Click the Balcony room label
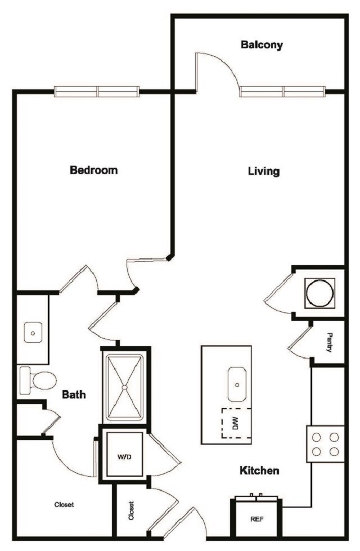pos(262,44)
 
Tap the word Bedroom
pos(93,170)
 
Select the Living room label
pos(264,171)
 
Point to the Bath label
pos(74,395)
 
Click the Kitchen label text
pos(259,470)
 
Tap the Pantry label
pos(329,343)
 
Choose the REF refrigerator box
pos(256,518)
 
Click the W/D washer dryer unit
pos(124,456)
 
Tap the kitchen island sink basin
pos(237,384)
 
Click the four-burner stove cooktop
pos(325,444)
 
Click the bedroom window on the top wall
pos(97,91)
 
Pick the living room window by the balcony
pos(283,91)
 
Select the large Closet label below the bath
pos(64,505)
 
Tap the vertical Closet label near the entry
pos(131,510)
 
